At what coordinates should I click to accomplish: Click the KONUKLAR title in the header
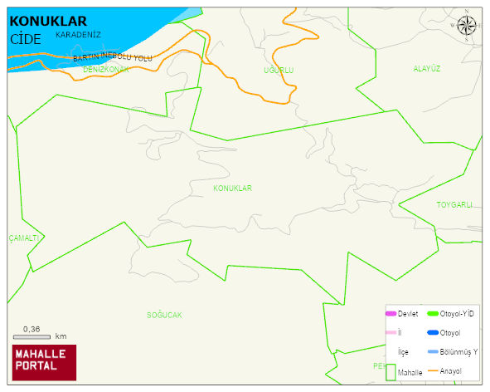[48, 22]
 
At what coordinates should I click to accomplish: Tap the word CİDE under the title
[26, 38]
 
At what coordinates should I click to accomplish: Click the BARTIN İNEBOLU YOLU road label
[113, 56]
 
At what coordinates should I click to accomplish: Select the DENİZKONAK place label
[106, 70]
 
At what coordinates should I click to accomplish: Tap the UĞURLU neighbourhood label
[279, 71]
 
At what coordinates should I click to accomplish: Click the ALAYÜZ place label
[426, 69]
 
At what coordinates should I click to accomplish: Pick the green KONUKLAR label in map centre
[232, 189]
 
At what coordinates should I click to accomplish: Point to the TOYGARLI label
[454, 204]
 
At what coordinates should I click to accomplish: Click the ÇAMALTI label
[24, 238]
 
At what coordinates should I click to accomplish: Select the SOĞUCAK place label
[164, 316]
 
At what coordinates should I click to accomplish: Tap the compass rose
[467, 27]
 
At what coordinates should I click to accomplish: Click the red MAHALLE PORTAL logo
[43, 362]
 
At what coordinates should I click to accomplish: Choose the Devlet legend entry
[401, 314]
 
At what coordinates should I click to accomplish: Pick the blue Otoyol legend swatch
[432, 333]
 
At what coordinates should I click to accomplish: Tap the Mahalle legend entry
[404, 373]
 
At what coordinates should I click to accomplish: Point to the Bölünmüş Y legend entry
[452, 351]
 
